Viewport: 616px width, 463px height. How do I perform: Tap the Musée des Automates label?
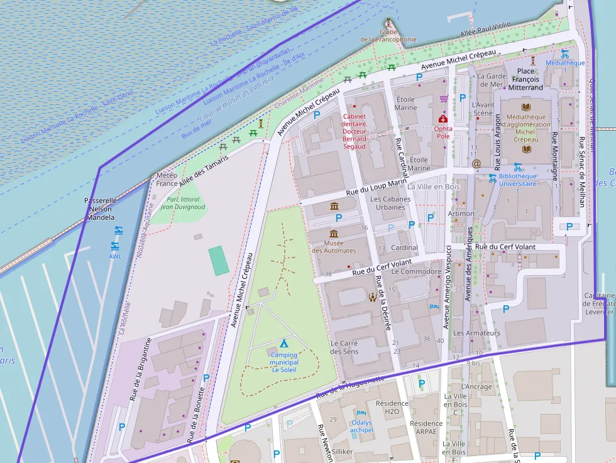tap(334, 246)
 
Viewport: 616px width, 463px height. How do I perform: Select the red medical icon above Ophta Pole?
tap(443, 118)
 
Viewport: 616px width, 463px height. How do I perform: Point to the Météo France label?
tap(167, 179)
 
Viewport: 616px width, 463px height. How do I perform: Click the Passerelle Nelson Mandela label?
tap(101, 209)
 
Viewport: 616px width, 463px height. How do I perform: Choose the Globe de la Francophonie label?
tap(388, 35)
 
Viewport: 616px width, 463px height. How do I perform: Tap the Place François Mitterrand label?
tap(525, 79)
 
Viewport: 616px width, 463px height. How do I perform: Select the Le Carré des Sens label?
tap(344, 347)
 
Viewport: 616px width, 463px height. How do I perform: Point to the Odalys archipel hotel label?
tap(361, 426)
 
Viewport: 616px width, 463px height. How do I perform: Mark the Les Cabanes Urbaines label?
tap(390, 203)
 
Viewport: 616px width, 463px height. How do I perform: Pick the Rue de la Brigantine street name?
tap(141, 369)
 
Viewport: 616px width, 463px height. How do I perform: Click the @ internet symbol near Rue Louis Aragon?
tap(476, 163)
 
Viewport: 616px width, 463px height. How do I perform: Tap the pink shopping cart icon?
tap(444, 99)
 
